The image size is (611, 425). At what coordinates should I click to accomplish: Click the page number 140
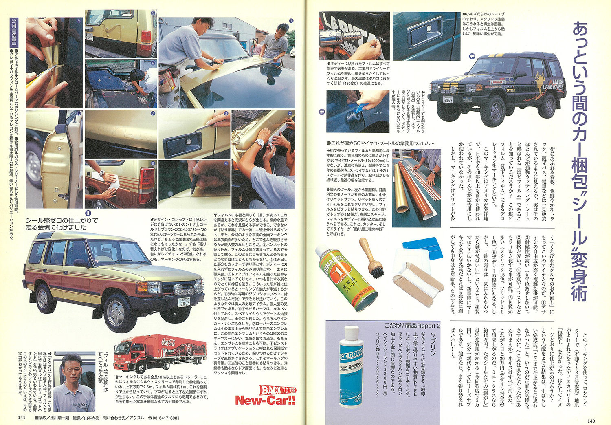(591, 421)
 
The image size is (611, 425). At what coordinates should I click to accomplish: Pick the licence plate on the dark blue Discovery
(448, 100)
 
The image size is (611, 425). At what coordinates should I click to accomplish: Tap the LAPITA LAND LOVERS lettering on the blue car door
(552, 84)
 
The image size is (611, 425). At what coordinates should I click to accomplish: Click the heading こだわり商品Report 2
(412, 326)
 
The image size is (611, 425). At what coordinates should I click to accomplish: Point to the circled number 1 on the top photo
(291, 20)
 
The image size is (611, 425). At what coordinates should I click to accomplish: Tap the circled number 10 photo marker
(79, 113)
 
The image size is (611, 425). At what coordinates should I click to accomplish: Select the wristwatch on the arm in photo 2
(260, 142)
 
